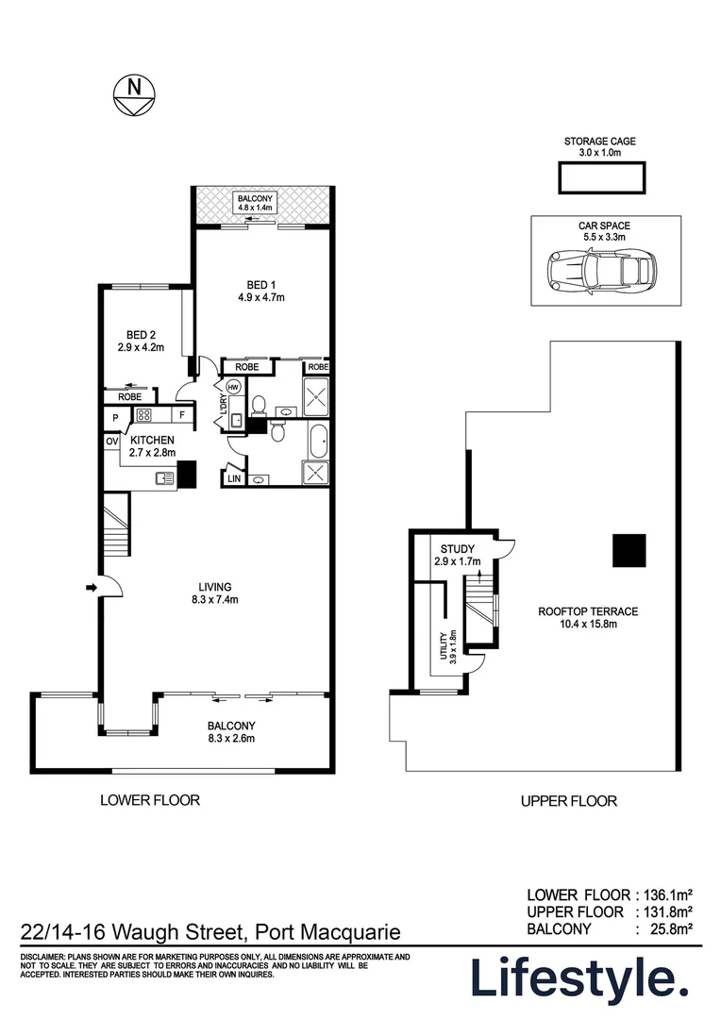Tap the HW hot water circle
pyautogui.click(x=233, y=386)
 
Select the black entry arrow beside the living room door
pyautogui.click(x=91, y=588)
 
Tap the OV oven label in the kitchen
pyautogui.click(x=111, y=441)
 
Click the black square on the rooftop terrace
pyautogui.click(x=629, y=551)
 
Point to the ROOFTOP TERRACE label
pyautogui.click(x=588, y=618)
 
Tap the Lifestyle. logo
pyautogui.click(x=579, y=978)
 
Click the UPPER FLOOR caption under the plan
pyautogui.click(x=568, y=801)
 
